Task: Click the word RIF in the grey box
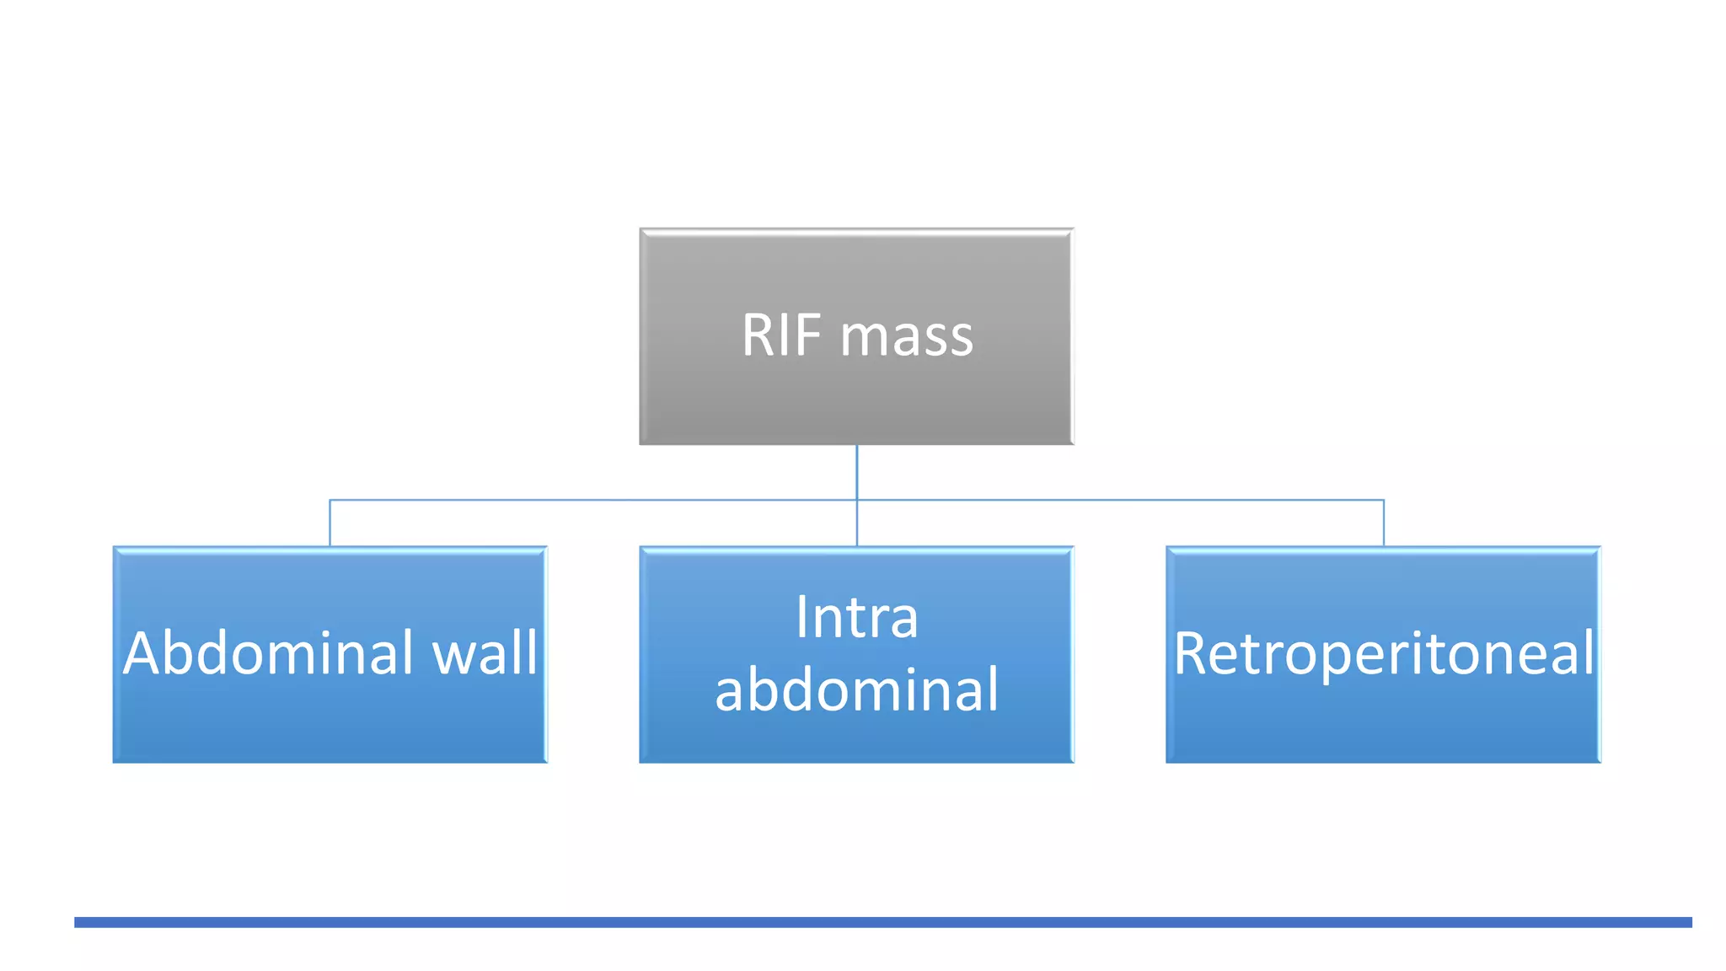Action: point(781,335)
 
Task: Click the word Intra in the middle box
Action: point(856,618)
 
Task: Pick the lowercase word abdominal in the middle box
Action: point(856,690)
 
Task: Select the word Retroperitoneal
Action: point(1383,654)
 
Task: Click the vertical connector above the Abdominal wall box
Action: point(330,523)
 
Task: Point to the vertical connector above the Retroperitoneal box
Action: point(1383,523)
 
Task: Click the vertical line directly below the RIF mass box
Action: point(856,472)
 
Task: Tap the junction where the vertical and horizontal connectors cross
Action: point(856,500)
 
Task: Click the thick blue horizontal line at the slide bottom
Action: point(882,922)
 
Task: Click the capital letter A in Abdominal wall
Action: point(142,653)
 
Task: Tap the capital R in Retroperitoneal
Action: point(1191,654)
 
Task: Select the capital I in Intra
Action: point(801,618)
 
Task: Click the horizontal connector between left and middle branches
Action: point(590,500)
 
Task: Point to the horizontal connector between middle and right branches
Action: point(1121,500)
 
